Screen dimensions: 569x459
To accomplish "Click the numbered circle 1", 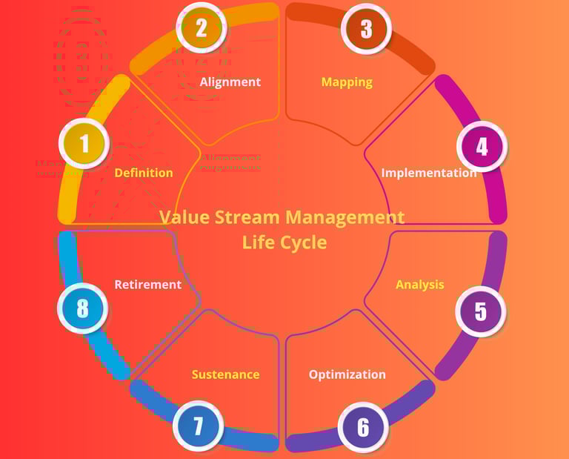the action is pyautogui.click(x=84, y=143).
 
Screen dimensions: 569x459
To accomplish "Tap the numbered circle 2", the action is pyautogui.click(x=202, y=28).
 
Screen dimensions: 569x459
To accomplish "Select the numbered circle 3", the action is pyautogui.click(x=365, y=28).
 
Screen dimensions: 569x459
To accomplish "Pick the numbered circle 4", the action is pyautogui.click(x=482, y=146).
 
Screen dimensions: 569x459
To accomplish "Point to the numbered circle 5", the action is pyautogui.click(x=481, y=311).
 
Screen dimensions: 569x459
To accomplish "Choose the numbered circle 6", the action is pyautogui.click(x=363, y=428).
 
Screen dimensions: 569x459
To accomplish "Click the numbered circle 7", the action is pyautogui.click(x=198, y=426).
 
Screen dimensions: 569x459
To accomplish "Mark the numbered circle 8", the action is pyautogui.click(x=82, y=308).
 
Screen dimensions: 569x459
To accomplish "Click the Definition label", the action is pyautogui.click(x=144, y=173).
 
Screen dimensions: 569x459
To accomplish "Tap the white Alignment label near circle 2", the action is pyautogui.click(x=230, y=82).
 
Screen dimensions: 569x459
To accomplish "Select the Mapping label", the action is pyautogui.click(x=347, y=82).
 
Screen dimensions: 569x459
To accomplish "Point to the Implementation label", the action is pyautogui.click(x=429, y=173).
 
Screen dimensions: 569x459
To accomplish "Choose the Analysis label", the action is pyautogui.click(x=420, y=284).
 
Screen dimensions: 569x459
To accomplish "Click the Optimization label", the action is pyautogui.click(x=347, y=374).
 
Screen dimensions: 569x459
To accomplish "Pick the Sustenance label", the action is pyautogui.click(x=226, y=374).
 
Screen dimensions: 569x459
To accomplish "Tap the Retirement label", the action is pyautogui.click(x=148, y=284).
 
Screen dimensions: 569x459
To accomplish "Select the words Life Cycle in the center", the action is pyautogui.click(x=284, y=242).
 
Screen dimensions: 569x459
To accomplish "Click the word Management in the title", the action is pyautogui.click(x=345, y=218).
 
